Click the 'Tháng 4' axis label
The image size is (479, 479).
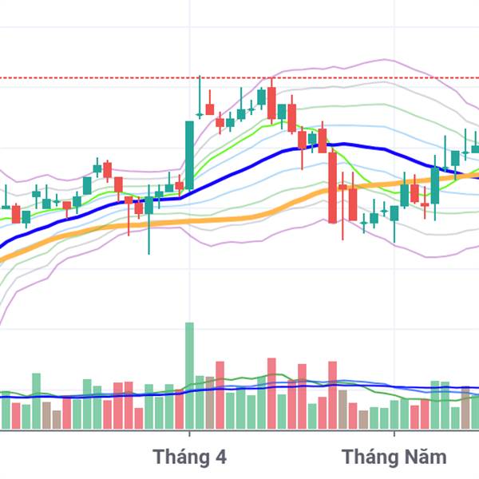190,457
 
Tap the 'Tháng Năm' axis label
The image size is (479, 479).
394,457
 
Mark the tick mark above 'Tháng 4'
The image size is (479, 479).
189,433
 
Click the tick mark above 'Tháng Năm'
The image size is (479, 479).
394,433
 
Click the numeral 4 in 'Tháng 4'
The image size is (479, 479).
220,457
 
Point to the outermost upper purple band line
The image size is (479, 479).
383,60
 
